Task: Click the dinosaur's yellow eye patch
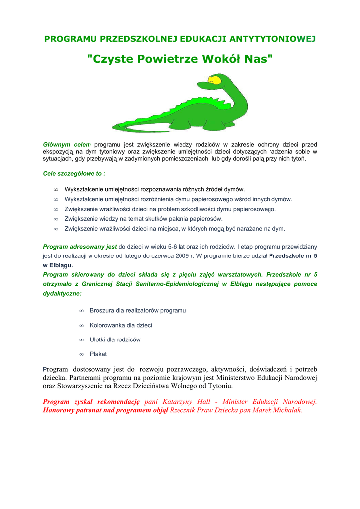coord(214,80)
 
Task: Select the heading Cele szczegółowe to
coord(74,174)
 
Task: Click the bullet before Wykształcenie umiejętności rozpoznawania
coord(56,189)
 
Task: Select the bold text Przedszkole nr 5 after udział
coord(293,255)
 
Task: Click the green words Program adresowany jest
coord(80,246)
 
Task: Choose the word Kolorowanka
coord(108,325)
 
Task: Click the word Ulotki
coord(98,339)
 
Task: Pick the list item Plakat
coord(98,354)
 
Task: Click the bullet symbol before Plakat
coord(81,354)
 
